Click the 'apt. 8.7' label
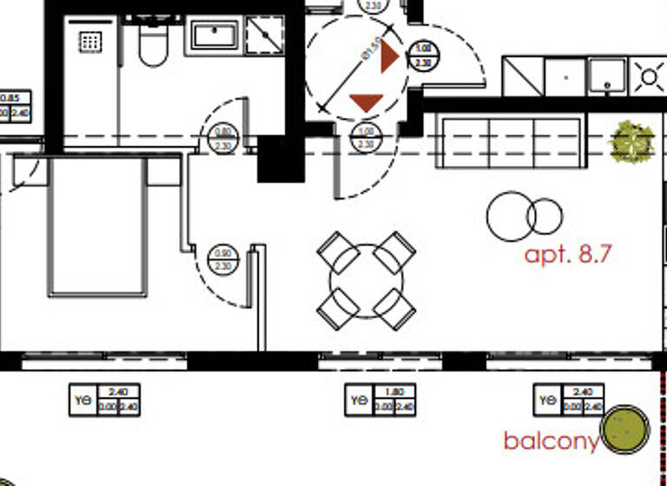(x=569, y=255)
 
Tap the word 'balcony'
(x=550, y=441)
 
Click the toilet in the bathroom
(x=153, y=45)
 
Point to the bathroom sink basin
(x=215, y=36)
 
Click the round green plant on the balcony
(x=625, y=430)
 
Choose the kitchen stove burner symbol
(x=648, y=76)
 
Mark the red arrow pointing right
(x=390, y=58)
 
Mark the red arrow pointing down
(x=366, y=102)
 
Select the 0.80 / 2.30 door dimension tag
(x=222, y=139)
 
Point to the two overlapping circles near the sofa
(x=525, y=216)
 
